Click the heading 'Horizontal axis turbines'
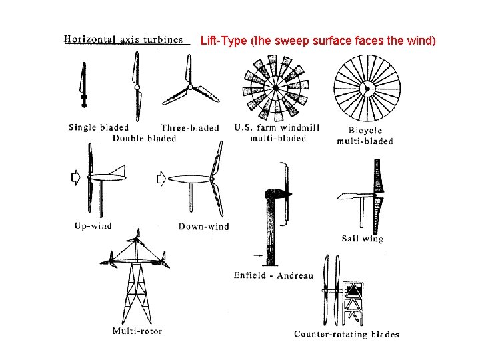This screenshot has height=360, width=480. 123,39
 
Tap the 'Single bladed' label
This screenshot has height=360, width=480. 98,127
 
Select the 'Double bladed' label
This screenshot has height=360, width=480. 144,138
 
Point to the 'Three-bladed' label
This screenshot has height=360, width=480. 190,127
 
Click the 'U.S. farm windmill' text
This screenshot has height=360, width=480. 277,127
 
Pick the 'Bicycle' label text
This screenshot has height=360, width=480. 365,131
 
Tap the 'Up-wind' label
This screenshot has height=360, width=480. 93,225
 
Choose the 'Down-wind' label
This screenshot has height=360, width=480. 203,226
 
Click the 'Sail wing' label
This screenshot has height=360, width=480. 362,238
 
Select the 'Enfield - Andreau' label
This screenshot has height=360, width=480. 273,275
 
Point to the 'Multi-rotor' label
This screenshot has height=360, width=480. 137,331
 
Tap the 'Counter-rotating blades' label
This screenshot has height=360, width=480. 346,334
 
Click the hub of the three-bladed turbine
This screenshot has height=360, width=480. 190,87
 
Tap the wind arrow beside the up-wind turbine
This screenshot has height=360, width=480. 75,177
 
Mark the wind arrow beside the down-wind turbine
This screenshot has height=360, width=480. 161,178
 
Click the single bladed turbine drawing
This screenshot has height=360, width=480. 83,85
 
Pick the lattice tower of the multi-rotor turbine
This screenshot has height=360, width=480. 137,293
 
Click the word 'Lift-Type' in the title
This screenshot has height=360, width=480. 223,41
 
